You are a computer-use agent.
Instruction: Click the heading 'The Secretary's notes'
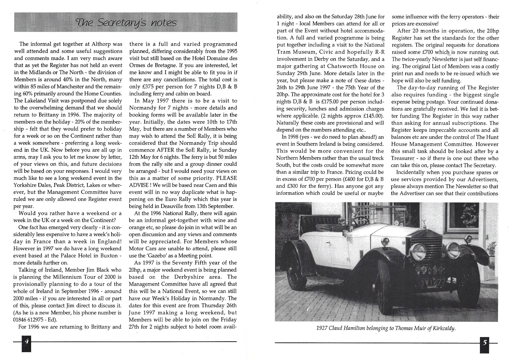(126, 22)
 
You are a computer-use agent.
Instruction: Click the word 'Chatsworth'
(344, 66)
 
